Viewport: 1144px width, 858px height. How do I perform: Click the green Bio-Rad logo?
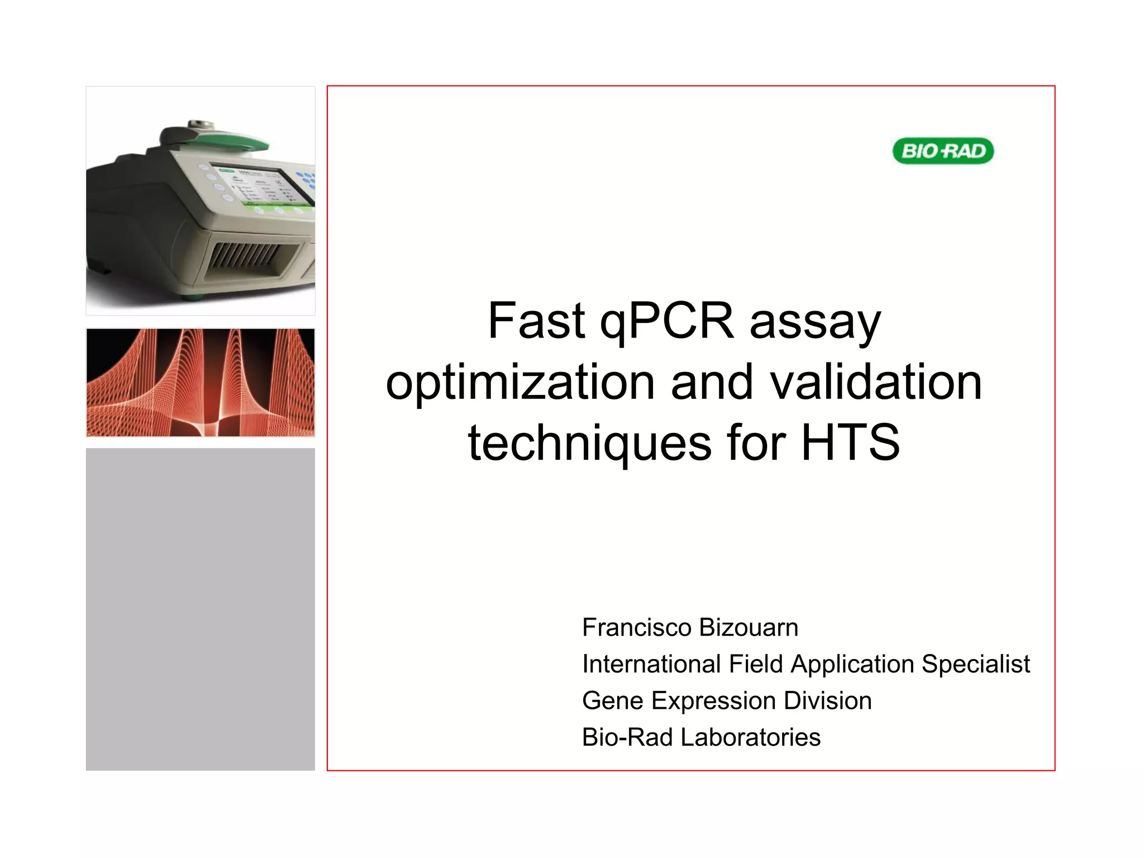[x=943, y=151]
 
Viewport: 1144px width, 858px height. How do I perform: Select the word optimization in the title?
[x=520, y=383]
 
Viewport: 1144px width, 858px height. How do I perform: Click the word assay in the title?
[x=815, y=323]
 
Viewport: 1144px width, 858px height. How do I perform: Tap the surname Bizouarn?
[x=749, y=627]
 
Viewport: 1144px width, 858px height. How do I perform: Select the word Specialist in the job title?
[x=975, y=664]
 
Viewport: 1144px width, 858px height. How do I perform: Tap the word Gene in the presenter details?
[x=612, y=700]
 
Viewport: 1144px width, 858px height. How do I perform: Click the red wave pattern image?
[x=201, y=383]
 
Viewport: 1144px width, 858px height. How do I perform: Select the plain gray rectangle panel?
[x=201, y=609]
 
